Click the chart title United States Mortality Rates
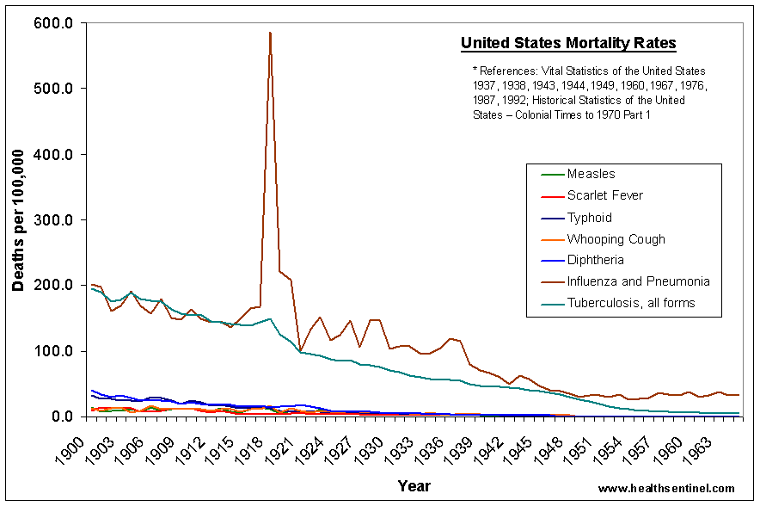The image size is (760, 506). (568, 43)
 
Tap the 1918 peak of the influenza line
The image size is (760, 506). (270, 33)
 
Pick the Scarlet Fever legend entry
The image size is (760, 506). (604, 195)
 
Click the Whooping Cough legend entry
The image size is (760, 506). (616, 238)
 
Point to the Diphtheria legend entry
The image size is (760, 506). (595, 260)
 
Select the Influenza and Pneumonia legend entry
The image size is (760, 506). (638, 281)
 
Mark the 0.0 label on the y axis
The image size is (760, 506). (61, 417)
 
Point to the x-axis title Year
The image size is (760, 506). (414, 486)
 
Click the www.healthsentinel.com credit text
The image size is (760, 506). (666, 488)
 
